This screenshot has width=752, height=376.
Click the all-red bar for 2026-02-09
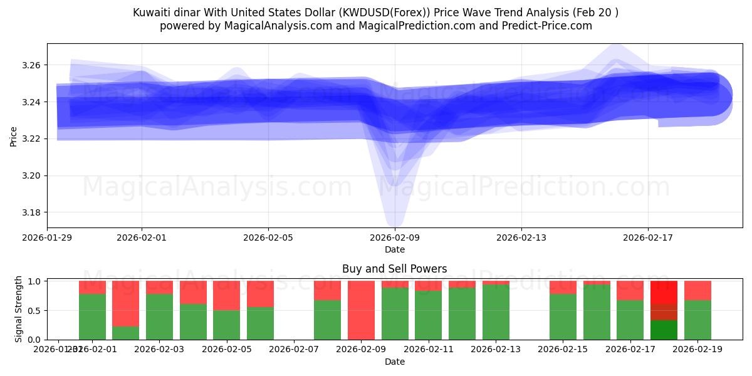click(x=361, y=310)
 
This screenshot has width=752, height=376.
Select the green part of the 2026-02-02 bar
click(x=126, y=333)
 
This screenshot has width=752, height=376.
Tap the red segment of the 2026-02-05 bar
click(x=227, y=295)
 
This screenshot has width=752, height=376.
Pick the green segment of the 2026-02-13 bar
click(x=496, y=312)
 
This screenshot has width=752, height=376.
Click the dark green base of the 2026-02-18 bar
click(x=664, y=330)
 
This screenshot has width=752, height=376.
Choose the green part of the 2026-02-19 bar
click(x=697, y=320)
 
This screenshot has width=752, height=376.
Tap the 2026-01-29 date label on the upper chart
click(x=48, y=238)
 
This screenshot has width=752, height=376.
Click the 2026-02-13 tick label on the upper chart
click(x=521, y=238)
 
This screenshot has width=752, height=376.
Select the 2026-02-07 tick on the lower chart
click(x=294, y=349)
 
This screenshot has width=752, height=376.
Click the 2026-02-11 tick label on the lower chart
click(x=429, y=349)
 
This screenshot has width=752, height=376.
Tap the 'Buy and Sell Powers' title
click(x=395, y=269)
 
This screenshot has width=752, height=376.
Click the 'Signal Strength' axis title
click(x=18, y=309)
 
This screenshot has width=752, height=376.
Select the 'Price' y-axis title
click(x=14, y=135)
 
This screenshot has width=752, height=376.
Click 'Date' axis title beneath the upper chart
click(x=395, y=249)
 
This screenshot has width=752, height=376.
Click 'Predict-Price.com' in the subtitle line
click(x=549, y=26)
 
